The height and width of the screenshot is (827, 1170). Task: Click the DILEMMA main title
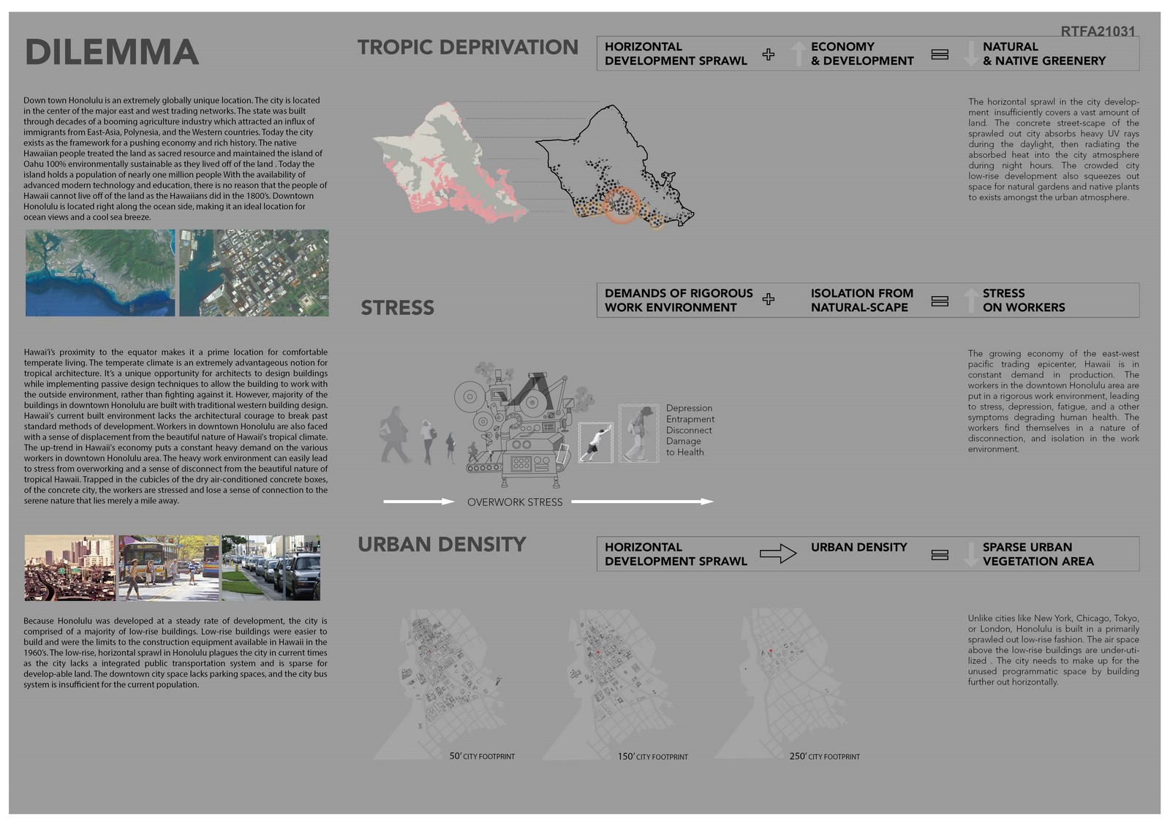tap(112, 53)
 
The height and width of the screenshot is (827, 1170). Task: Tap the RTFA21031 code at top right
tap(1098, 31)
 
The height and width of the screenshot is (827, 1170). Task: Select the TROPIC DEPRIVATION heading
tap(467, 48)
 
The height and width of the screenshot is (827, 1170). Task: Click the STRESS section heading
tap(397, 308)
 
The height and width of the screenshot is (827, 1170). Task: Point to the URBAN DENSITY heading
tap(442, 545)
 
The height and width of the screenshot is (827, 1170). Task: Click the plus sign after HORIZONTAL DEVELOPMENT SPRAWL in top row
tap(768, 54)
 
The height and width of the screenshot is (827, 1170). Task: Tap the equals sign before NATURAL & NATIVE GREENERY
tap(940, 54)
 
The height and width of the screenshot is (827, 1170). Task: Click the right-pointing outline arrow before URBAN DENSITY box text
tap(777, 554)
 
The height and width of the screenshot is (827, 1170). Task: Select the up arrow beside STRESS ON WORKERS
tap(970, 300)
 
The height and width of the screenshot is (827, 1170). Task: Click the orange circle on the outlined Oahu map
tap(622, 205)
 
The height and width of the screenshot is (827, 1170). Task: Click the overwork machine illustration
tap(516, 424)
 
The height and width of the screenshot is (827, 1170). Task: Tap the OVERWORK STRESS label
tap(515, 502)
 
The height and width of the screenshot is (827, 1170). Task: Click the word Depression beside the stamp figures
tap(689, 408)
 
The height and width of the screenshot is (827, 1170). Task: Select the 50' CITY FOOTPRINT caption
tap(482, 756)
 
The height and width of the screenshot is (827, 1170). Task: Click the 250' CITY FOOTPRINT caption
tap(824, 756)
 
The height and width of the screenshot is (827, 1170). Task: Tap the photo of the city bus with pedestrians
tap(168, 567)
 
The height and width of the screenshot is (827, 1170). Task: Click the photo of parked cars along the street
tap(271, 567)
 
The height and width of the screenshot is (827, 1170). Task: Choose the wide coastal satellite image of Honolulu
tap(100, 273)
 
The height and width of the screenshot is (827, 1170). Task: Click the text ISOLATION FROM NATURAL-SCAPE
tap(861, 300)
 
